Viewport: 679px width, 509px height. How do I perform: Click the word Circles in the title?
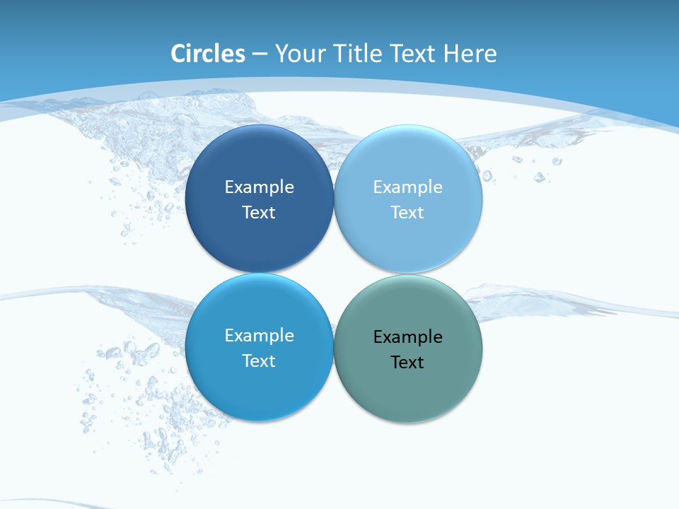(208, 54)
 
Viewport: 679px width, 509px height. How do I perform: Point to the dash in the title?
(260, 54)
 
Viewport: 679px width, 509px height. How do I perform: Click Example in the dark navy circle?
(259, 187)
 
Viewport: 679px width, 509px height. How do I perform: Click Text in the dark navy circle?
(259, 213)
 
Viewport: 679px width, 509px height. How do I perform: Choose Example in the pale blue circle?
(408, 187)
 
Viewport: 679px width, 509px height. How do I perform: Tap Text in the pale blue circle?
(408, 213)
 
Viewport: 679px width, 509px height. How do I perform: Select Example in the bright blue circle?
(259, 336)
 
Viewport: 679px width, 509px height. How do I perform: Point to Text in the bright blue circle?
(259, 361)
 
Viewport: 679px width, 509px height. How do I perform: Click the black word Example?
(408, 337)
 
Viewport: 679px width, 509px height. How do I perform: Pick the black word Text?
(408, 363)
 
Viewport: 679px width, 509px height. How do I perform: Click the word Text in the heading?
(414, 54)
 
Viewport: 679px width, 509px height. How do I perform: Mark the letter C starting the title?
(178, 54)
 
